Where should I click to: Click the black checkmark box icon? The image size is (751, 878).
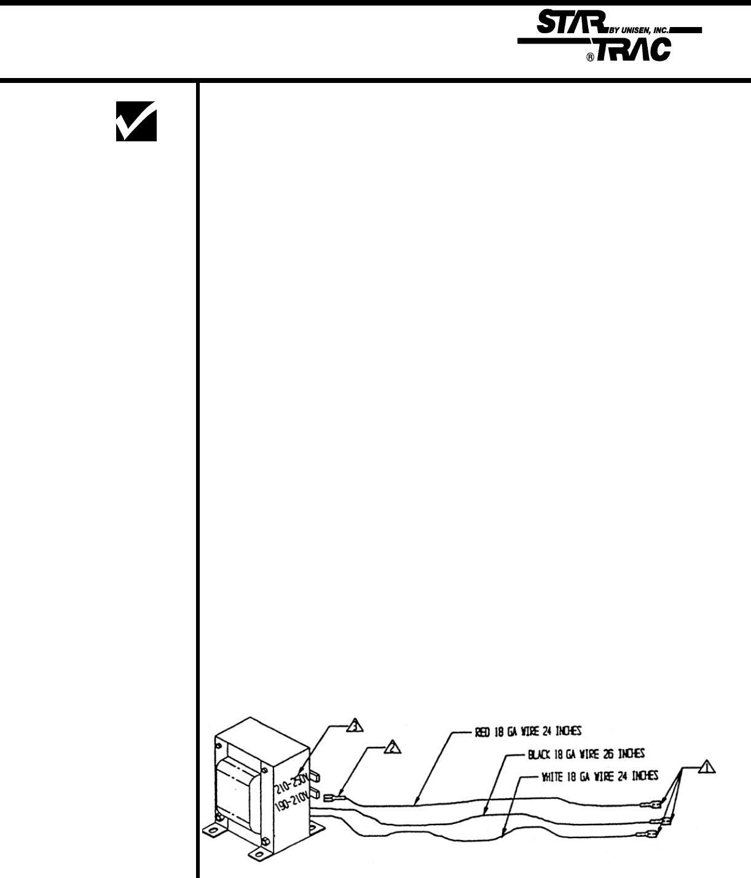136,121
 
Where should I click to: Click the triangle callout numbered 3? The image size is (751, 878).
355,726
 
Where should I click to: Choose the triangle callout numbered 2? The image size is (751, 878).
393,746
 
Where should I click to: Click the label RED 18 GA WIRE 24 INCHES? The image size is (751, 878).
528,731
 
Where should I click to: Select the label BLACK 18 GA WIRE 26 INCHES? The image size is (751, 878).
586,753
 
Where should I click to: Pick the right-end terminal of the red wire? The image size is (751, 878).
650,804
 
